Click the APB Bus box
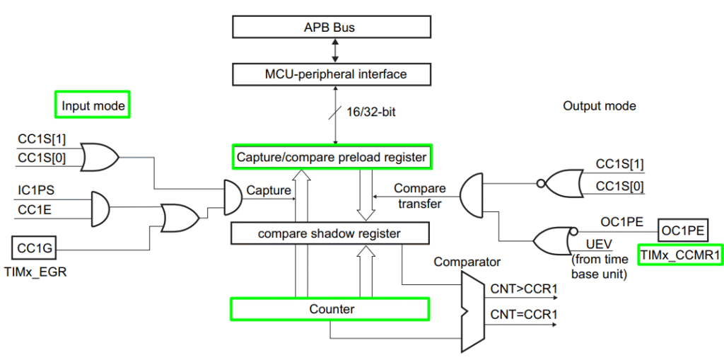coord(331,27)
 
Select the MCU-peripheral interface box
coord(331,74)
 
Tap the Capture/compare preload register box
coord(331,157)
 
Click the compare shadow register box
coord(331,233)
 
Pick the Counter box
coord(331,309)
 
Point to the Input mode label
coord(93,106)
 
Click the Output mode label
coord(599,106)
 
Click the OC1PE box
coord(682,230)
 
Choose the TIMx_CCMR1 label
coord(680,254)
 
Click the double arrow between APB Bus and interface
coord(336,50)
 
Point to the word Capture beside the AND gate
coord(268,190)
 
